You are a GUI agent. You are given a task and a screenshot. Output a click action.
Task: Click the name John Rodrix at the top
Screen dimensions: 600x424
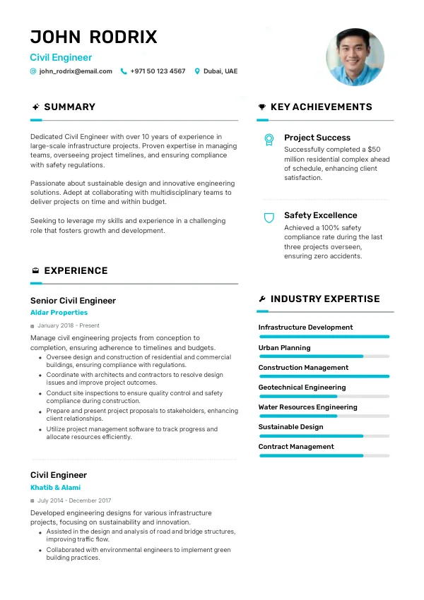[93, 37]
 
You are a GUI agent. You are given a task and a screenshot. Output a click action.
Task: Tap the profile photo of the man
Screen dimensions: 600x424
[355, 57]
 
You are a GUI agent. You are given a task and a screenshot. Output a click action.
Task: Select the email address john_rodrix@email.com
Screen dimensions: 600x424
[76, 71]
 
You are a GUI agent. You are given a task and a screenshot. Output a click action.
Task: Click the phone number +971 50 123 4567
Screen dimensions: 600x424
[158, 71]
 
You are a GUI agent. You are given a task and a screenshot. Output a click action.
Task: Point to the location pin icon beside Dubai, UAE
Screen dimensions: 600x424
[197, 71]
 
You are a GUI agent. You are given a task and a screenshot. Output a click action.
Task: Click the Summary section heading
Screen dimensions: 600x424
[69, 107]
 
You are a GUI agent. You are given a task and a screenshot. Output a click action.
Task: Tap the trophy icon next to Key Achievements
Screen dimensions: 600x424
[262, 107]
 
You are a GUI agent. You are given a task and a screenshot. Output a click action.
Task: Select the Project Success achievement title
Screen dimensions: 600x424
[317, 138]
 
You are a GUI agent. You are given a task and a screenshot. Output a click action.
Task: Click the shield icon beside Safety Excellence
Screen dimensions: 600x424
[269, 217]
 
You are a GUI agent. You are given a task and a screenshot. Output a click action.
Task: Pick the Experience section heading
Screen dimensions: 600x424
[76, 271]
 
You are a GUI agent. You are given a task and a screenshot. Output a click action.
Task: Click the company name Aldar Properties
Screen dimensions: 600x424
[59, 313]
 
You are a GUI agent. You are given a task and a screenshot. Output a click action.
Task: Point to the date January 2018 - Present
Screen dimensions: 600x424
[68, 326]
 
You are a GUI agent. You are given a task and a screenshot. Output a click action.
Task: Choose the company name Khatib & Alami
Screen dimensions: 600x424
[55, 488]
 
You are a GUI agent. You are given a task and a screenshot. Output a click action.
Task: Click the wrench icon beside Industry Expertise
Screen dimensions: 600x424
[262, 299]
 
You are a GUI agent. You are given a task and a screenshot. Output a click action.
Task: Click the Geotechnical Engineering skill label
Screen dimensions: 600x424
[302, 388]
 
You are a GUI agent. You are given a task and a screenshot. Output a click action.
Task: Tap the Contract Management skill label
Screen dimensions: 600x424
[295, 447]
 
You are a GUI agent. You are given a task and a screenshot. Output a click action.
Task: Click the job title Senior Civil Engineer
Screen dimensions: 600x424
[73, 301]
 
